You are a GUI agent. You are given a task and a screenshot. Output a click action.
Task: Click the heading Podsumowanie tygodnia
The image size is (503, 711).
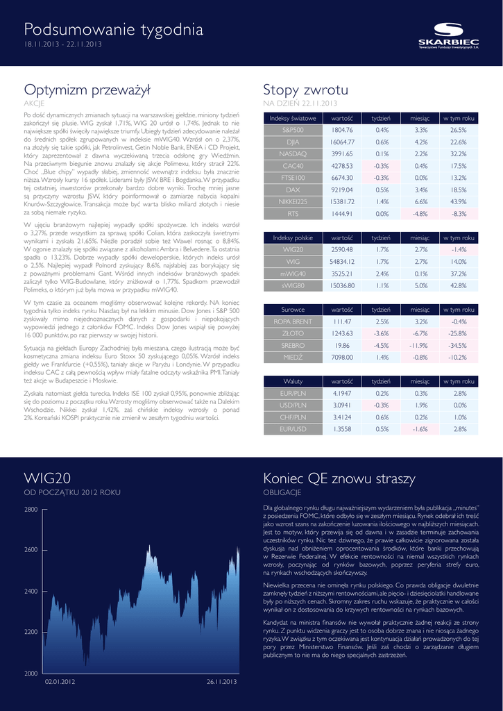click(x=114, y=29)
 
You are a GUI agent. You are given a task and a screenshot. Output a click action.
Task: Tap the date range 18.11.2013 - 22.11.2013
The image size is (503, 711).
click(x=63, y=45)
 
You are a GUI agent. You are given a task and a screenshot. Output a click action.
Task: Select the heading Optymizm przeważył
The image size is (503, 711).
click(x=78, y=90)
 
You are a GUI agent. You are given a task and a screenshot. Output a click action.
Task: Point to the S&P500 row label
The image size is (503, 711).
click(x=293, y=130)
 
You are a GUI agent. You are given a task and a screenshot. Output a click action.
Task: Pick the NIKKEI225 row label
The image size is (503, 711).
click(x=293, y=202)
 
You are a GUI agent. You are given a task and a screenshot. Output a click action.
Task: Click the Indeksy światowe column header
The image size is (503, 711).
click(x=293, y=119)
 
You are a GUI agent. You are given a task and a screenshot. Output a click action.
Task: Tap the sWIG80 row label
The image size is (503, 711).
click(x=293, y=285)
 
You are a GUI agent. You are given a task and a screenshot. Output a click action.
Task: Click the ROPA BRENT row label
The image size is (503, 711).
click(x=293, y=321)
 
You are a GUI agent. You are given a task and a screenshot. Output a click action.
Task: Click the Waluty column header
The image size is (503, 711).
click(x=293, y=381)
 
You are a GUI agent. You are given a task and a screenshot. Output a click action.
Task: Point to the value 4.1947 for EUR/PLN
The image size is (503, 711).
click(x=342, y=393)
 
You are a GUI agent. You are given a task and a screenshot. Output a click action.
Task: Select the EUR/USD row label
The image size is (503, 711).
click(x=293, y=429)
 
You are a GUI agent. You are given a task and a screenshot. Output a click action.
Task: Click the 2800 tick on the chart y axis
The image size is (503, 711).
click(x=31, y=510)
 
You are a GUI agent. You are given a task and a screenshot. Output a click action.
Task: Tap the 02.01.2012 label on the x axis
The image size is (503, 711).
click(x=60, y=682)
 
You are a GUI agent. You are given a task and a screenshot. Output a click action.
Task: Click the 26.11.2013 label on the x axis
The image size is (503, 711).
click(x=222, y=682)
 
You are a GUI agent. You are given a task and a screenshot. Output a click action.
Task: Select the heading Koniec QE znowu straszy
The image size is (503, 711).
click(x=339, y=479)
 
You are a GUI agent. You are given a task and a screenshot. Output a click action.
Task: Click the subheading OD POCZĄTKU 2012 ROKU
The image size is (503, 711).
click(x=72, y=492)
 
